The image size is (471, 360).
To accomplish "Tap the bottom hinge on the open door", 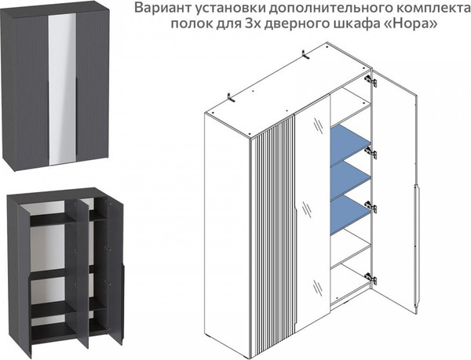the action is coord(371,278).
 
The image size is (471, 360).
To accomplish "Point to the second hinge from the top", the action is coord(371,152).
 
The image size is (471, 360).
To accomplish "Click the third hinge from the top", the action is coord(371,205).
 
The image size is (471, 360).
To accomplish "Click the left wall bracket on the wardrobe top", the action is coord(230,97).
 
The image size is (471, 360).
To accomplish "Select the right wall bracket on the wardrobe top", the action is coord(305,55).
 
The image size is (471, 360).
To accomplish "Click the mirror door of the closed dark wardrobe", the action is coord(62,89).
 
